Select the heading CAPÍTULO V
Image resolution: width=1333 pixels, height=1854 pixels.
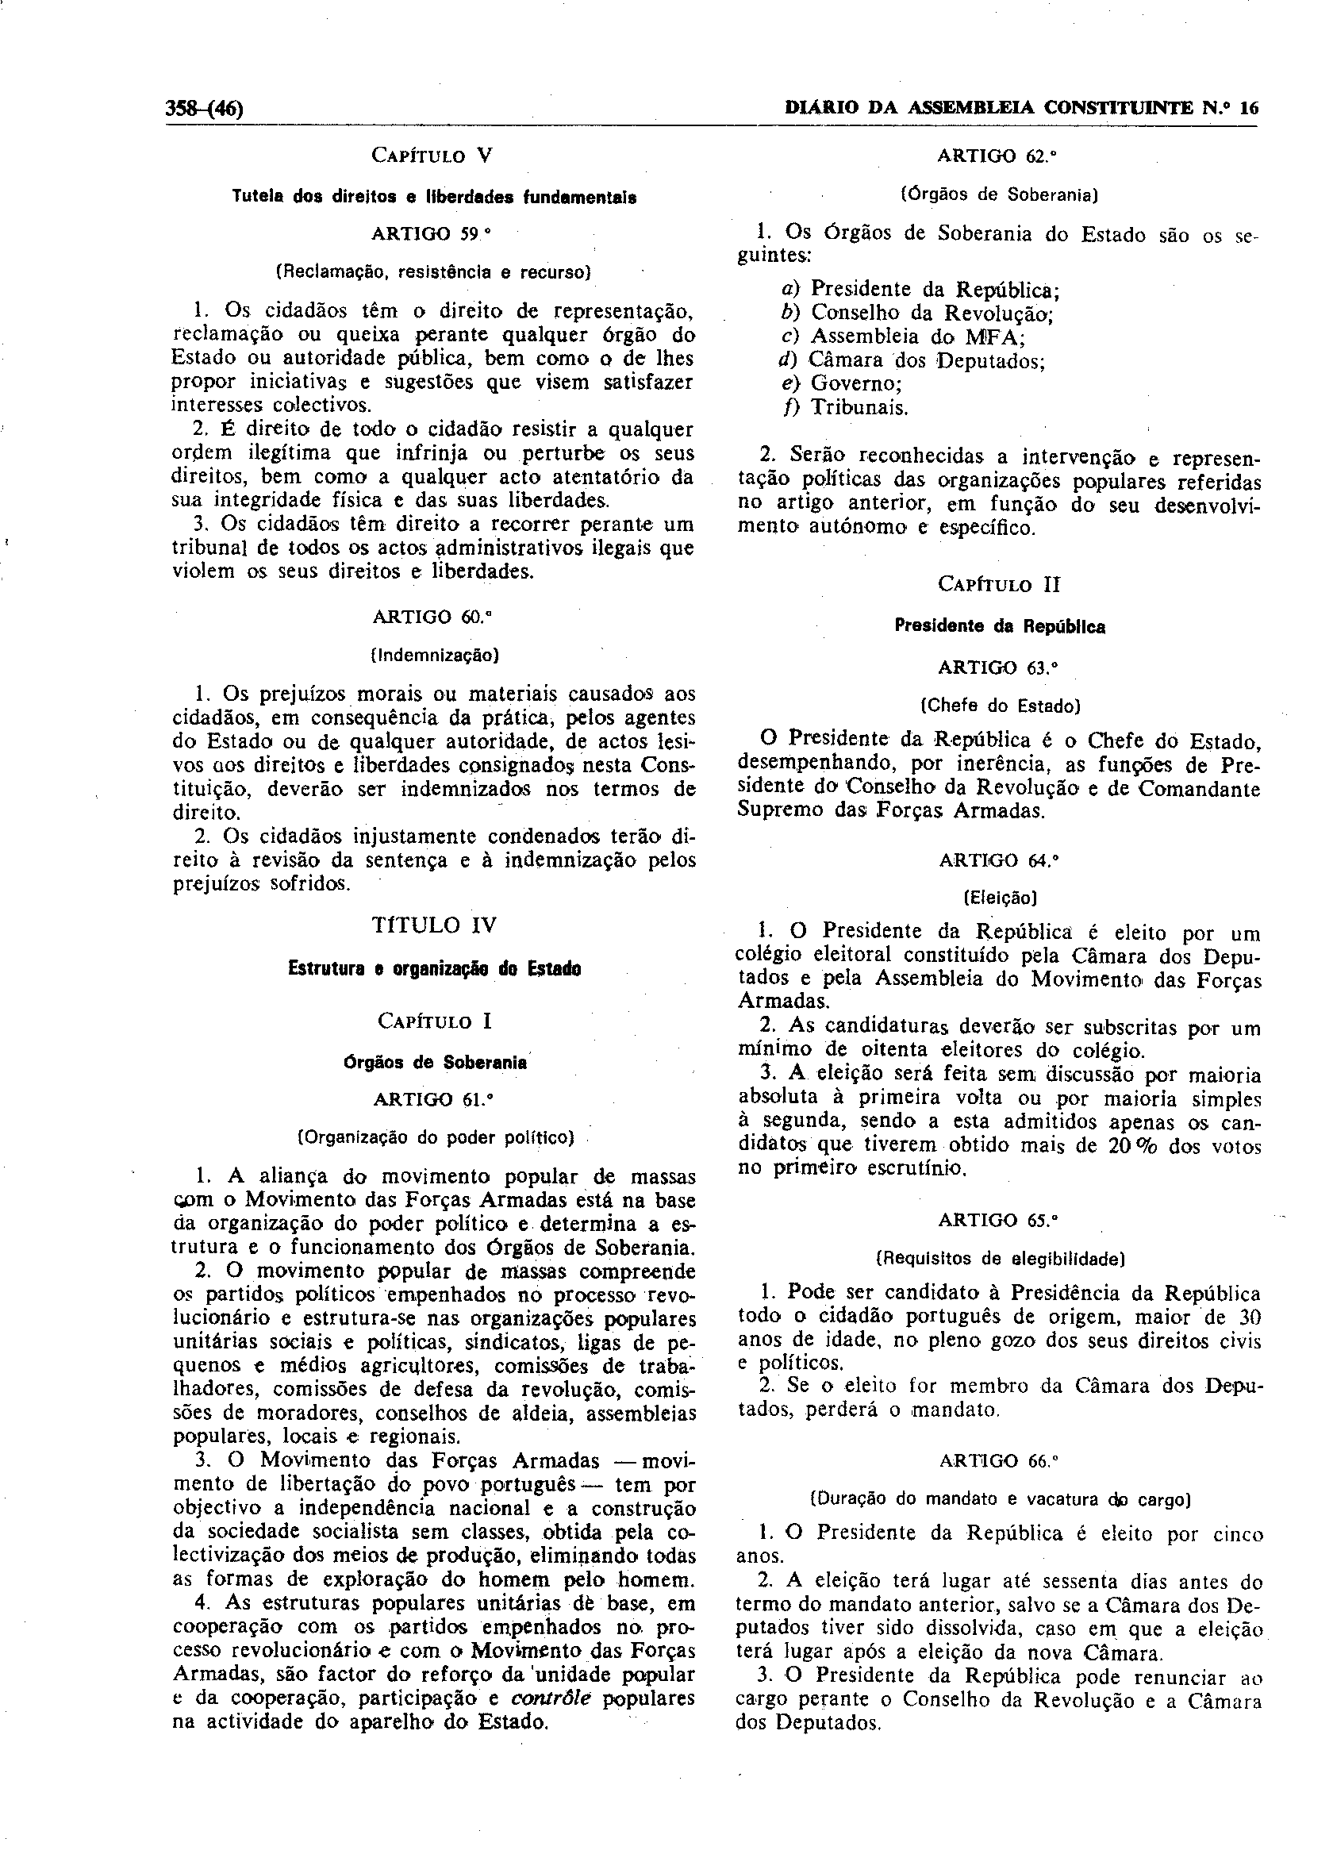432,156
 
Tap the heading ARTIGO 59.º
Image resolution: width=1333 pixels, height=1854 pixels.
432,234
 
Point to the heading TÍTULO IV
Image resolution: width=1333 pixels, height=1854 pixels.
434,925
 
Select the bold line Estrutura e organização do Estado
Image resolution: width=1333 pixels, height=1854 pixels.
434,970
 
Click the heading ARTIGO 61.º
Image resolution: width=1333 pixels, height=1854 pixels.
433,1099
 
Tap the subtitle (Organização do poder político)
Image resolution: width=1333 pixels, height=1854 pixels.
434,1137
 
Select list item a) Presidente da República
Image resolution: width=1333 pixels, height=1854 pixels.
920,290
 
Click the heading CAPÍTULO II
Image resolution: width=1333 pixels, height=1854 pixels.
999,584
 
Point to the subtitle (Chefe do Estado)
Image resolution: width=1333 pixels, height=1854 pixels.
999,705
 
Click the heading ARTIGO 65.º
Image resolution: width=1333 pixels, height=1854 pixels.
999,1220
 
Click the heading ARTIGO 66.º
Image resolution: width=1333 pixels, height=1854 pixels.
999,1460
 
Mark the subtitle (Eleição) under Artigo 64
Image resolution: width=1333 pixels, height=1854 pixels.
1001,898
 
